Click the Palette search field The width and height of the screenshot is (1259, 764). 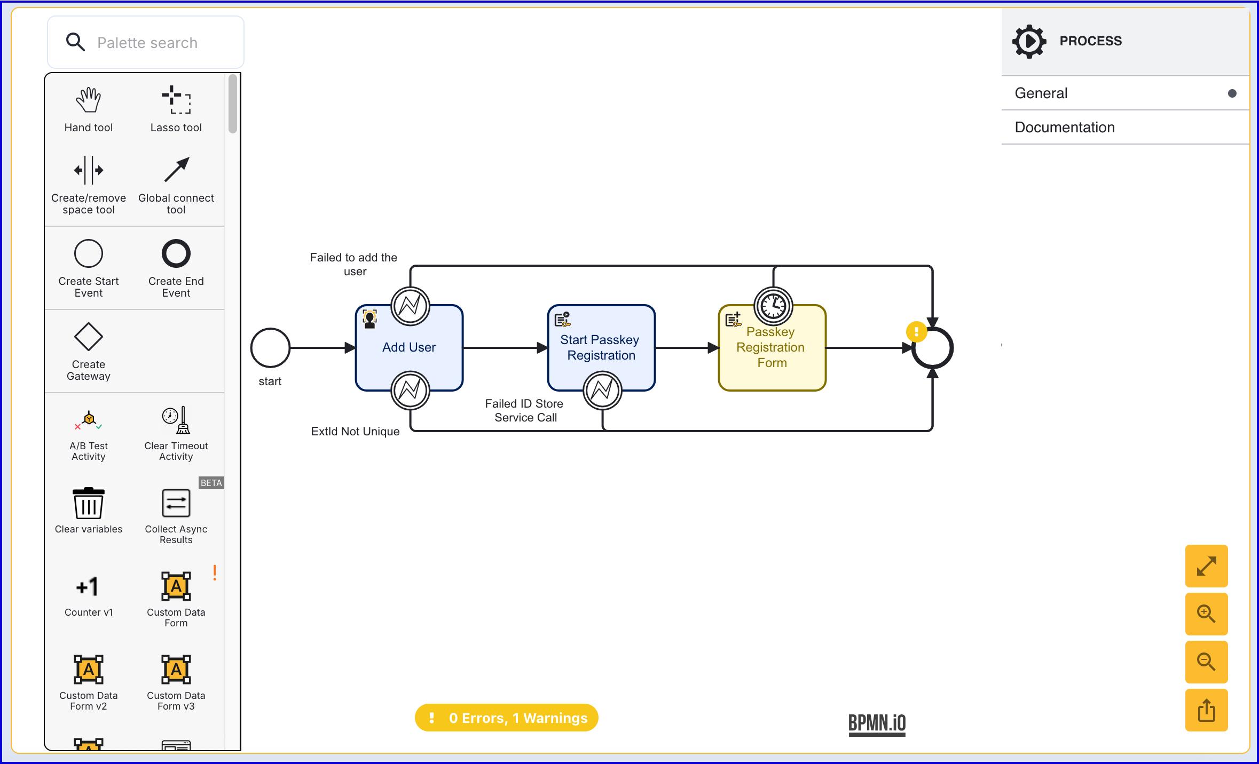coord(146,42)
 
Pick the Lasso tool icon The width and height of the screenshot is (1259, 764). coord(176,100)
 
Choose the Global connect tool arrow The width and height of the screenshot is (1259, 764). coord(176,170)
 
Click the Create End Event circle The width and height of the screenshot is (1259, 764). coord(176,253)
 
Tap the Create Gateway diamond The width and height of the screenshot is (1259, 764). coord(89,337)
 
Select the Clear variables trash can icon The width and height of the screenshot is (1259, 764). coord(89,503)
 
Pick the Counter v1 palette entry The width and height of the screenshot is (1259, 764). coord(89,595)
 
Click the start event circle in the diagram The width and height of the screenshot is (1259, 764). coord(271,348)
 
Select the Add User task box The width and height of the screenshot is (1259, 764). coord(410,348)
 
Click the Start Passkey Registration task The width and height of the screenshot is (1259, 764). coord(602,348)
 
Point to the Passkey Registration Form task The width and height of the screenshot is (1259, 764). coord(773,348)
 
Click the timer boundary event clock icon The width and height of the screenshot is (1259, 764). coord(773,306)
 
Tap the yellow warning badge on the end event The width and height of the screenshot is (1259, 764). coord(916,331)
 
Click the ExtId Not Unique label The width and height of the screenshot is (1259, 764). coord(355,432)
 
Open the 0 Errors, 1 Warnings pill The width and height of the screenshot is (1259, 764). coord(507,718)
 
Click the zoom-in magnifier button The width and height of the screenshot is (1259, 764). coord(1207,614)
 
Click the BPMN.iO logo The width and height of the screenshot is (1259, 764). coord(877,725)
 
